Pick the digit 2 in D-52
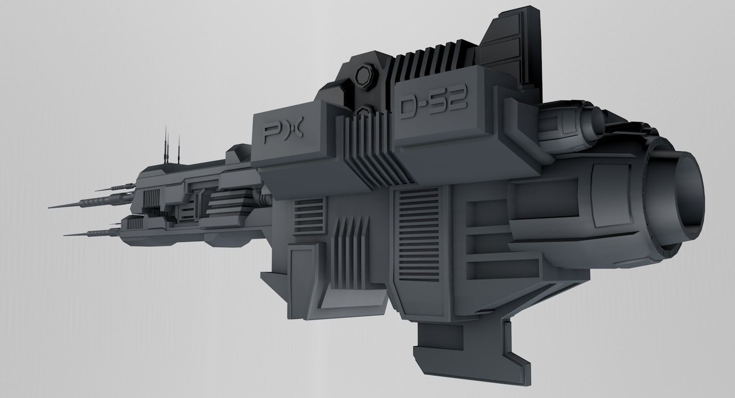click(458, 101)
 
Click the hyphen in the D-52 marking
click(425, 104)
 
